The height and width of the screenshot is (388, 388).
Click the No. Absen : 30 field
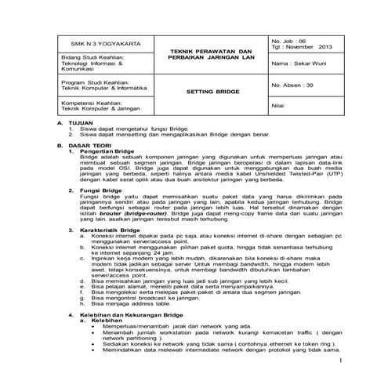coord(295,85)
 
